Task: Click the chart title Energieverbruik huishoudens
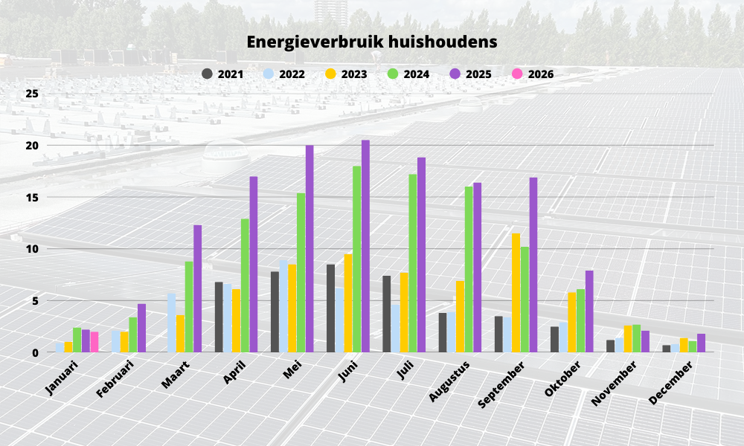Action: click(x=372, y=42)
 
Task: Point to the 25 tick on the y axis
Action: click(x=31, y=94)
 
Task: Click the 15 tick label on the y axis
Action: click(x=31, y=197)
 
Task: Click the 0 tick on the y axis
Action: click(x=34, y=352)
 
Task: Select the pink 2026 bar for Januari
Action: click(x=94, y=342)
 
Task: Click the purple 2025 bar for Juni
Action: click(x=365, y=246)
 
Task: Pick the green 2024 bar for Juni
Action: click(x=357, y=259)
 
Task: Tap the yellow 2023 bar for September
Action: click(x=516, y=293)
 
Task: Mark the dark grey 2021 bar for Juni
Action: click(x=330, y=308)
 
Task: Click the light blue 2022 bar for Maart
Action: click(x=172, y=323)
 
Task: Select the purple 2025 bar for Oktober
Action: click(x=589, y=311)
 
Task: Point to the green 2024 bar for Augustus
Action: click(x=469, y=269)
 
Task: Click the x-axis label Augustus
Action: click(x=449, y=381)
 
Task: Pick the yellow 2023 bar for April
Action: click(x=236, y=320)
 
